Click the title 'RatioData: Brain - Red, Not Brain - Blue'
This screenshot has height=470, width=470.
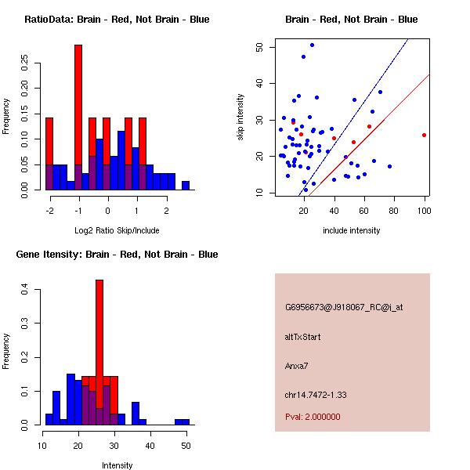(x=117, y=20)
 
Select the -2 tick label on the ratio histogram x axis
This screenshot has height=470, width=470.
(x=49, y=211)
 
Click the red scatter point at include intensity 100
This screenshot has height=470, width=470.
(x=424, y=135)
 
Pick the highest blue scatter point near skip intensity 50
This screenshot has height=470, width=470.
(x=312, y=45)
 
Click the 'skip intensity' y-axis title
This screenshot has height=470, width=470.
(x=240, y=117)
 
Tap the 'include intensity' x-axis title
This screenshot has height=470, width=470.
(x=352, y=231)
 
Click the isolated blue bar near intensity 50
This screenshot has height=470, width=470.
(x=182, y=421)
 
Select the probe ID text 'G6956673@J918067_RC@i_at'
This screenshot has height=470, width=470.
(x=343, y=308)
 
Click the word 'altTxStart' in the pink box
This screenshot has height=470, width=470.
(x=303, y=337)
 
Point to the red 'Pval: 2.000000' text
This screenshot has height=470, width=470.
(x=313, y=417)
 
